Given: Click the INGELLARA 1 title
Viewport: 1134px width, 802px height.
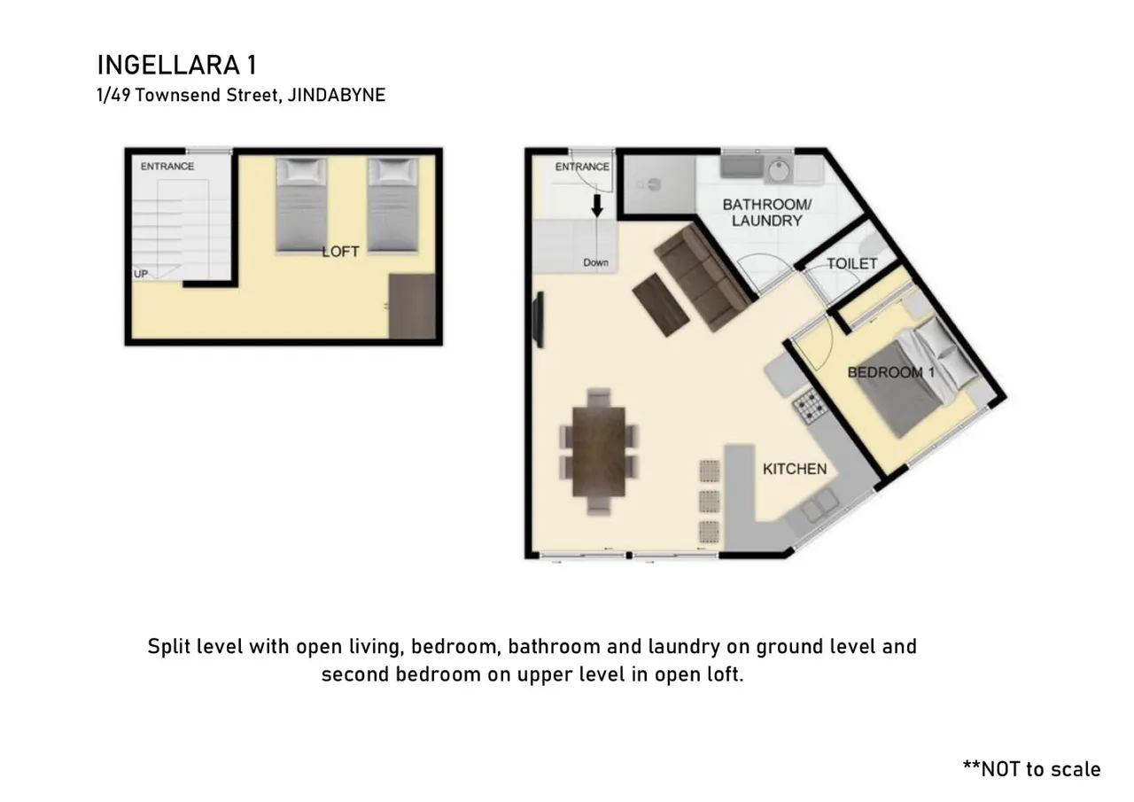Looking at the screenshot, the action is pos(177,66).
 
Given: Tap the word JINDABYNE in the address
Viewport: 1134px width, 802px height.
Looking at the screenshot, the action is pos(337,95).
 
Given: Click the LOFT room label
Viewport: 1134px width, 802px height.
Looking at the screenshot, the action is pos(341,252).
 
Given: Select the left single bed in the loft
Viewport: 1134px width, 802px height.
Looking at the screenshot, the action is pos(301,205).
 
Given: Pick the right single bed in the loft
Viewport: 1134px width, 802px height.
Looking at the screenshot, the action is pos(392,205).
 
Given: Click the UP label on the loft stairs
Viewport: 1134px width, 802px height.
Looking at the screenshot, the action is pos(141,274).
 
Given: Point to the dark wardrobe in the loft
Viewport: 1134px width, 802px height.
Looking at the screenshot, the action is pos(412,307).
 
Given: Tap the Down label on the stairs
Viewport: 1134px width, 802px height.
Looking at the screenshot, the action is pos(595,263).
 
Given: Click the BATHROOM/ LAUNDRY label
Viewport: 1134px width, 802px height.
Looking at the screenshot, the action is pos(767,213).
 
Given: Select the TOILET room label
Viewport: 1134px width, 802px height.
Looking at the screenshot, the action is pos(852,264).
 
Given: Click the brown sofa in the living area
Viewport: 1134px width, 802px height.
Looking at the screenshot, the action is pos(703,277).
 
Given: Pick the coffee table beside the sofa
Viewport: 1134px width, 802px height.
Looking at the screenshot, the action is pos(661,305).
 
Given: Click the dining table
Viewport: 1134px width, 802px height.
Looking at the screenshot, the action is pos(598,452).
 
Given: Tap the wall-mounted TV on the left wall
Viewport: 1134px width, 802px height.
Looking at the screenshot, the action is pos(540,320).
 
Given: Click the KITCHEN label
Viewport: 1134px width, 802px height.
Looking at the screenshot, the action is pos(795,470).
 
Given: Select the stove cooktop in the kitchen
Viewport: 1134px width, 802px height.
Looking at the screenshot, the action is pos(811,406).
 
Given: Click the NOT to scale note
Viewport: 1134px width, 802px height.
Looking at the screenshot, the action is pos(1032,769).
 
